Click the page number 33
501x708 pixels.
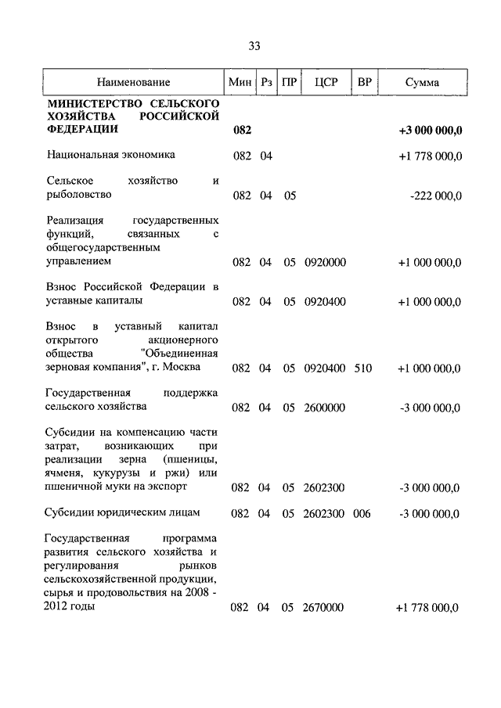tap(254, 46)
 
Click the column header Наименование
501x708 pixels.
tap(133, 82)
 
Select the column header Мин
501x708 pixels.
tap(240, 82)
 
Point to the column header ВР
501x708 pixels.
tap(364, 82)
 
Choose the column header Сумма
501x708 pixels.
tap(423, 82)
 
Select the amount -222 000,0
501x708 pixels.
tap(435, 196)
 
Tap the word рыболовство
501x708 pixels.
tap(78, 195)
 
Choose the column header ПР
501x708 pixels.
tap(289, 82)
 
